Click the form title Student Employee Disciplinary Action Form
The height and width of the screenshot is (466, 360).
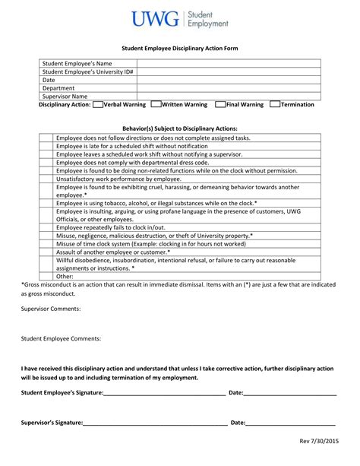(x=179, y=47)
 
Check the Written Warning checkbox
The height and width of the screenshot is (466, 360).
(x=156, y=105)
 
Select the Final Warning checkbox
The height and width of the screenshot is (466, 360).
(x=220, y=105)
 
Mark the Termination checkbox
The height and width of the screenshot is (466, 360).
(x=276, y=105)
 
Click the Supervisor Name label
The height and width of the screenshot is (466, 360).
(x=65, y=97)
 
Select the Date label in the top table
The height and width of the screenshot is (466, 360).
(x=49, y=80)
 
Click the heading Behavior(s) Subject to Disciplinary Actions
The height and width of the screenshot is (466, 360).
(x=180, y=129)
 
